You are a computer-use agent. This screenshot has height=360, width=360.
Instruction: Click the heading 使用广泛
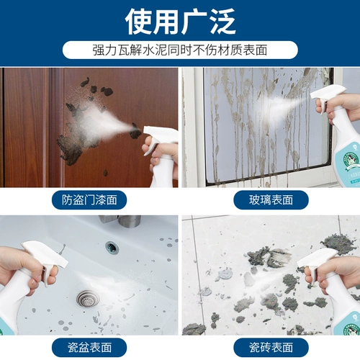click(180, 22)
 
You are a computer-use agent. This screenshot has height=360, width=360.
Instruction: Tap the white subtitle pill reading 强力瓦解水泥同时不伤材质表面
click(180, 50)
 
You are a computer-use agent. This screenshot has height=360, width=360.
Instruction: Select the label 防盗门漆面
click(89, 200)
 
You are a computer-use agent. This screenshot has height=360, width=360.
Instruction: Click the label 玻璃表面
click(271, 200)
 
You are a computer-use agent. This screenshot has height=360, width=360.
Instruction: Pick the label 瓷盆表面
click(89, 347)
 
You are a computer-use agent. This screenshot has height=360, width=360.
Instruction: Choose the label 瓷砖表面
click(271, 347)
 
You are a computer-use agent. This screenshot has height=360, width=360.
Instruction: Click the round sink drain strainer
click(88, 299)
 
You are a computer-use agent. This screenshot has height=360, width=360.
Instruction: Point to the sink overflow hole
click(112, 248)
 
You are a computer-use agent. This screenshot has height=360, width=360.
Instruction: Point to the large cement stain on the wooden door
click(78, 135)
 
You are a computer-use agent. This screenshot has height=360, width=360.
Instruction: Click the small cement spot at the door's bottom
click(105, 173)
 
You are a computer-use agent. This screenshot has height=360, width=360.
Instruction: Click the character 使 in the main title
click(139, 22)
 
